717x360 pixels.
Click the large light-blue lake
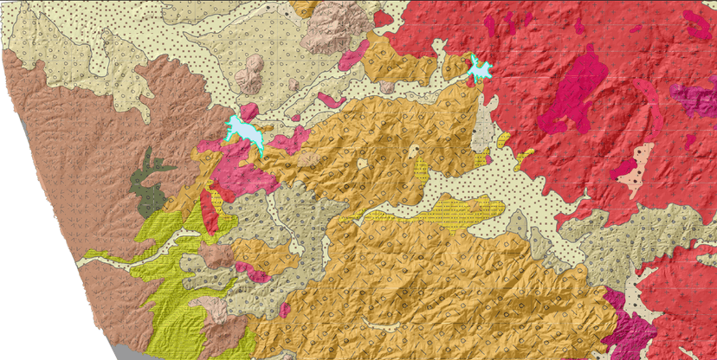[243, 131]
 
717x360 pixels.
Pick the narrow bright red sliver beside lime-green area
[209, 211]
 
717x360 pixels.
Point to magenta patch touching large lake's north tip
[248, 112]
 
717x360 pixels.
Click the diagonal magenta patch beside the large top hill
[354, 55]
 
